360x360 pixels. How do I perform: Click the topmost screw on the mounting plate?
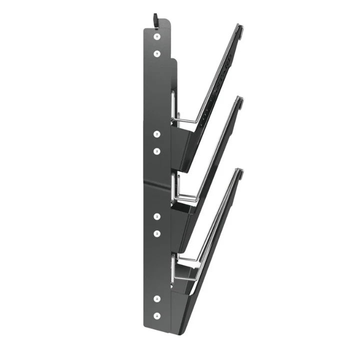coord(157,37)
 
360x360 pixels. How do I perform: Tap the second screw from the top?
coord(157,53)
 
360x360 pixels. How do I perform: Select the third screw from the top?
coord(157,134)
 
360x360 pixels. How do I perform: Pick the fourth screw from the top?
coord(157,150)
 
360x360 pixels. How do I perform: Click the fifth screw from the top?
coord(157,216)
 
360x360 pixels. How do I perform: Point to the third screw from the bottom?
coord(157,233)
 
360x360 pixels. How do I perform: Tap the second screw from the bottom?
coord(157,299)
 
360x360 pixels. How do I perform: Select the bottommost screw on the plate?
coord(157,315)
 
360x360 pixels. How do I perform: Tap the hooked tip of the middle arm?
coord(240,102)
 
